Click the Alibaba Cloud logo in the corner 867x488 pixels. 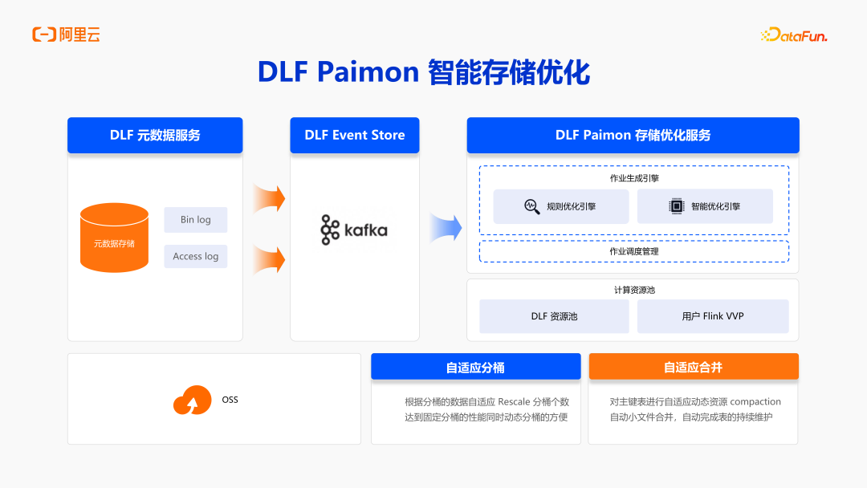click(66, 35)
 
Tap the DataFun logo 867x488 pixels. click(793, 35)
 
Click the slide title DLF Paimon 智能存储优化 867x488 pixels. click(423, 72)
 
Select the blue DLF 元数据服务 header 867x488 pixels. click(155, 135)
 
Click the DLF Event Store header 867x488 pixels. click(354, 135)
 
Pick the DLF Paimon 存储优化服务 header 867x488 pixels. click(633, 135)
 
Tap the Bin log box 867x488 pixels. click(195, 220)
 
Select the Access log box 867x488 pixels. click(195, 256)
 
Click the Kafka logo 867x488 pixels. click(354, 230)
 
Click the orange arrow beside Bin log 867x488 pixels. click(269, 197)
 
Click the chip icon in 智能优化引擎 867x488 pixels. click(676, 206)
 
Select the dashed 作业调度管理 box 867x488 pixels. click(633, 251)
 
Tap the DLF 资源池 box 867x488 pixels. click(554, 316)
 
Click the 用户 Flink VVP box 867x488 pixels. click(712, 316)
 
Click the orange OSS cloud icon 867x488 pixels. click(192, 400)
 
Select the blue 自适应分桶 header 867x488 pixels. click(475, 367)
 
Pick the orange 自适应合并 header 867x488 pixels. click(693, 367)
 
